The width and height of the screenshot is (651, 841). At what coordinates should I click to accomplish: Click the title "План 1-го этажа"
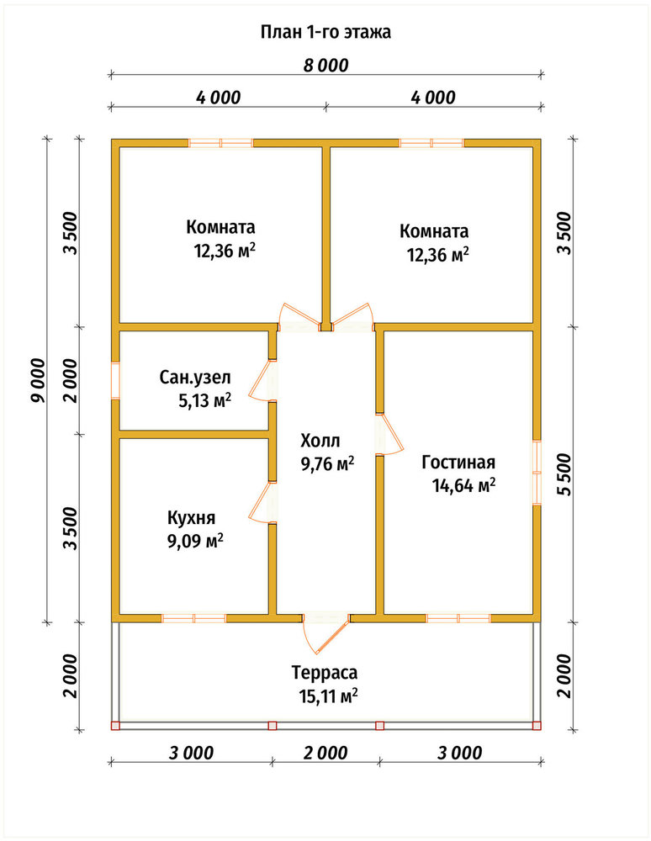pos(325,32)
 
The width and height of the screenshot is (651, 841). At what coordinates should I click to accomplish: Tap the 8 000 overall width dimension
pos(325,66)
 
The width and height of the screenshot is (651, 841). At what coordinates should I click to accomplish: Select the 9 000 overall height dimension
pos(40,380)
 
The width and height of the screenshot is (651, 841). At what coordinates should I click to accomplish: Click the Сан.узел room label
pos(195,378)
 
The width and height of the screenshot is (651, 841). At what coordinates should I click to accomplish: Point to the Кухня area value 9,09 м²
pos(195,541)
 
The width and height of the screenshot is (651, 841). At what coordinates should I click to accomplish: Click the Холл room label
pos(320,441)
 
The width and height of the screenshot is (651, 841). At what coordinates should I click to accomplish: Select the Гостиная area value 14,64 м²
pos(463,485)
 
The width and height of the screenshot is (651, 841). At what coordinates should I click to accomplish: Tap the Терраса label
pos(325,672)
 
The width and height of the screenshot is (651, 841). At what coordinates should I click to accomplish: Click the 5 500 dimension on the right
pos(564,474)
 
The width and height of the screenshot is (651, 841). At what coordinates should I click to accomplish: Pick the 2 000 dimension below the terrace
pos(325,753)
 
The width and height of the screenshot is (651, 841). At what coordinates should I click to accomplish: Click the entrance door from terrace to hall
pos(326,633)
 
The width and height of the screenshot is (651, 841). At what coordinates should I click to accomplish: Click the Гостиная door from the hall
pos(389,435)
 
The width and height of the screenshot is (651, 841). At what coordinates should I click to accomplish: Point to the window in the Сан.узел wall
pos(115,380)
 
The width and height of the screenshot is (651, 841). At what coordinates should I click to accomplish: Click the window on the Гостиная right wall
pos(537,473)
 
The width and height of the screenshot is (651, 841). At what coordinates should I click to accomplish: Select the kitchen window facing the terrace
pos(193,618)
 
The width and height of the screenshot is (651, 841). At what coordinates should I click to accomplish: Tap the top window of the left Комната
pos(220,143)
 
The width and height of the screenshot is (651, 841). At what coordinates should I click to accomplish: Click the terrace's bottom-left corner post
pos(114,726)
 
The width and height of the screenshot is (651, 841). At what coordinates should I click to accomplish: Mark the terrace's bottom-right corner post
pos(537,726)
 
